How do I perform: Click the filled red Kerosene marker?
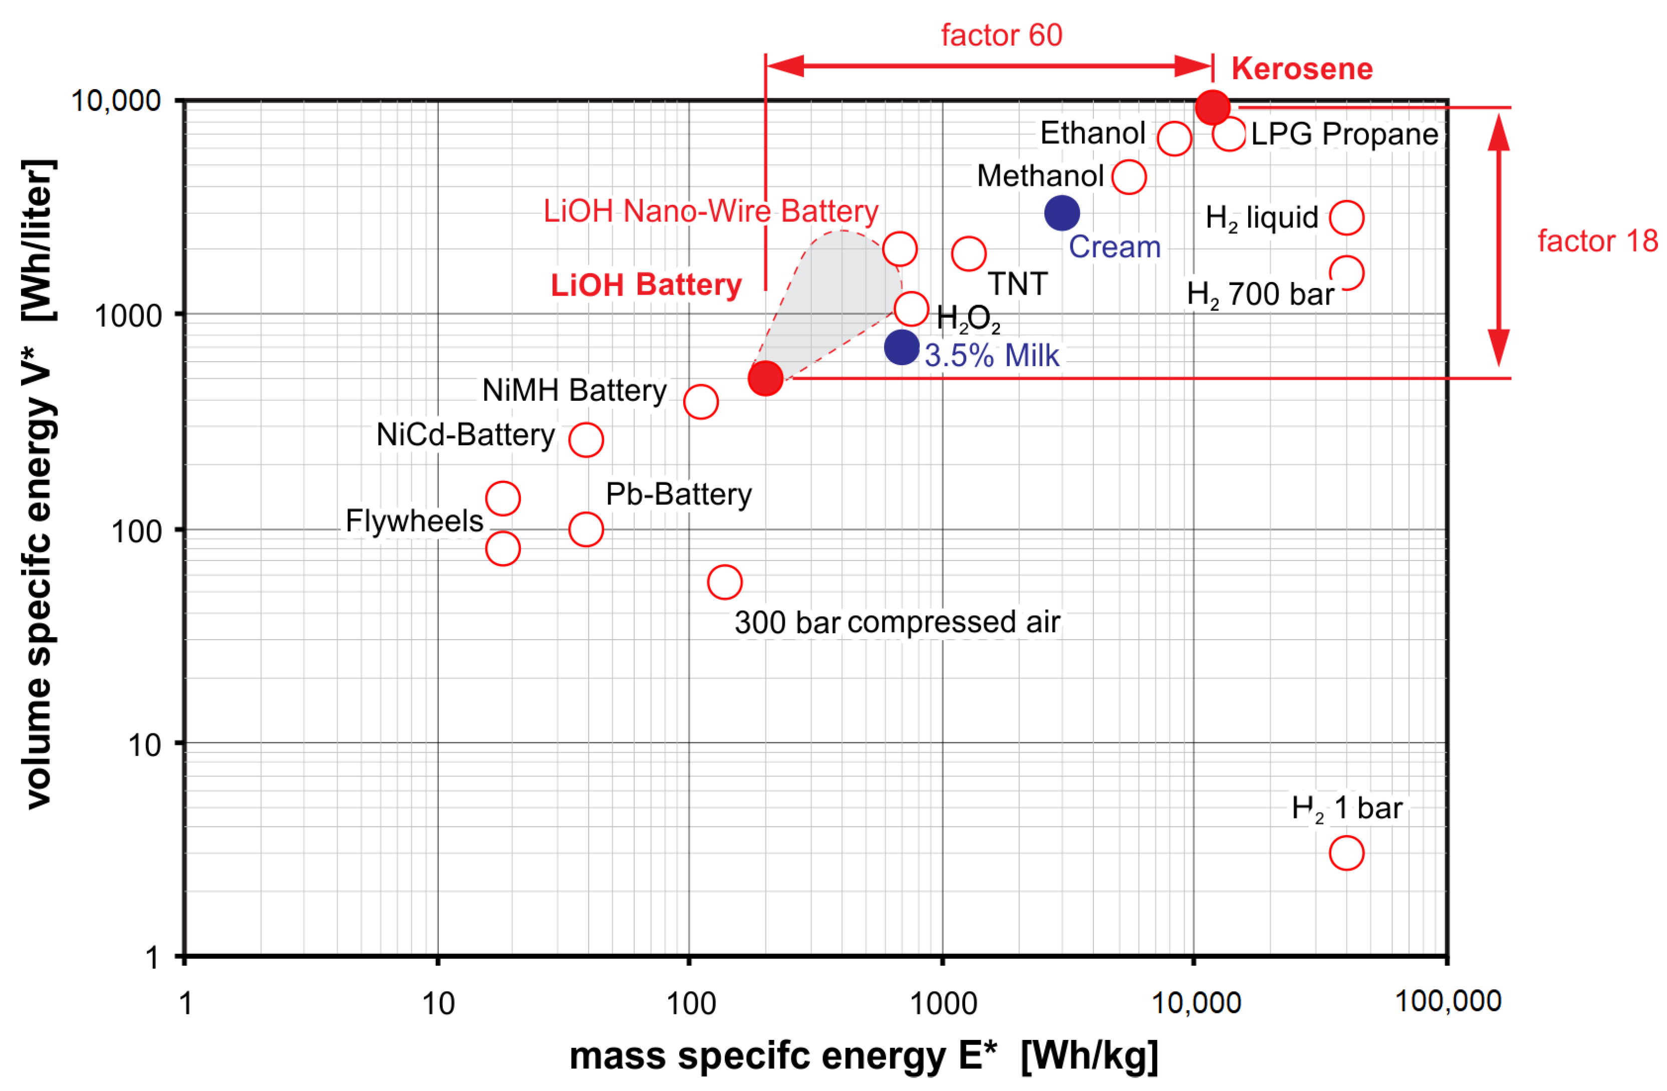(x=1212, y=107)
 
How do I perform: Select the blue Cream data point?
(x=1062, y=213)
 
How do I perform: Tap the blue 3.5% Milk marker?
(x=902, y=347)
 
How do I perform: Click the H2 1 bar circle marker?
(x=1346, y=853)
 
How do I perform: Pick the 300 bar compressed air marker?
(x=725, y=582)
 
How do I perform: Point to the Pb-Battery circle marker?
(x=586, y=529)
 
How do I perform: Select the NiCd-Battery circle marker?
(x=586, y=440)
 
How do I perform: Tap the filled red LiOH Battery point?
(x=765, y=378)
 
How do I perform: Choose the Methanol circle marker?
(x=1129, y=177)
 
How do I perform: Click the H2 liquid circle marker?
(x=1346, y=218)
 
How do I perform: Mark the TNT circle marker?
(x=969, y=253)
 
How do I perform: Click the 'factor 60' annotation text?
(x=1002, y=35)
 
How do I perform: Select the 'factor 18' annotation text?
(x=1597, y=241)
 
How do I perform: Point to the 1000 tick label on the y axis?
(x=127, y=316)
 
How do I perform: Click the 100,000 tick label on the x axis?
(x=1448, y=1001)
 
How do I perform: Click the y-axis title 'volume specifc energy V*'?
(x=39, y=483)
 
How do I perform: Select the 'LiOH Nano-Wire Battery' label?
(x=710, y=211)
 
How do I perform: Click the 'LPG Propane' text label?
(x=1344, y=134)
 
